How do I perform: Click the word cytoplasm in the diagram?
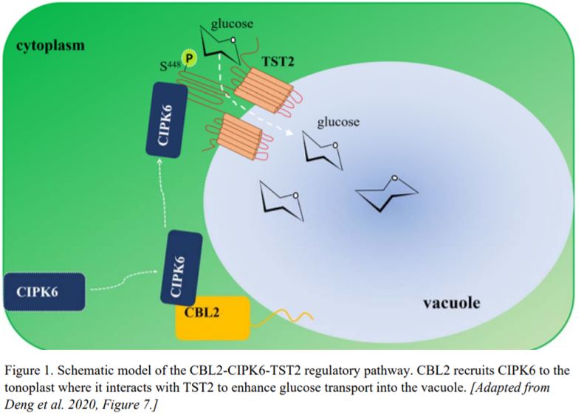click(50, 46)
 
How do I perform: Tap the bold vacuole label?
click(451, 303)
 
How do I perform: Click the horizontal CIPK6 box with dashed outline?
click(44, 290)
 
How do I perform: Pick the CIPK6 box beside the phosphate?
click(165, 120)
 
